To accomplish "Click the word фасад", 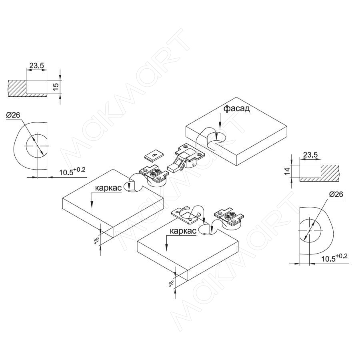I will pos(236,108).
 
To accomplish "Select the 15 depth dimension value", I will pos(56,86).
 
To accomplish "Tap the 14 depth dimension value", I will pos(287,171).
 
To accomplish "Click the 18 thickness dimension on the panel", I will pos(96,240).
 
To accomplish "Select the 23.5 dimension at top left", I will pos(37,66).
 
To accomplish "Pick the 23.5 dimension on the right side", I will pos(310,154).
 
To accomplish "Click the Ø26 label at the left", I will pos(13,116).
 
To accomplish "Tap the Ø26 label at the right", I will pos(336,194).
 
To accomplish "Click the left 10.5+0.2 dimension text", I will pos(72,172).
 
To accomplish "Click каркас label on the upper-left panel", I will pos(108,187).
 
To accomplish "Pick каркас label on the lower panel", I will pos(182,231).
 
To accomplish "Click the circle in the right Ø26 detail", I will pos(309,231).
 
